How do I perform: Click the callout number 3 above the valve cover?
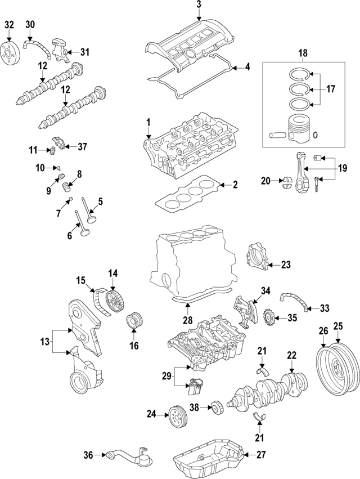199,5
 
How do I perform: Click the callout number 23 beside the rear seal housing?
285,264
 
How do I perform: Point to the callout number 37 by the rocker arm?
82,147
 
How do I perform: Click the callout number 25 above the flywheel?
338,325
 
